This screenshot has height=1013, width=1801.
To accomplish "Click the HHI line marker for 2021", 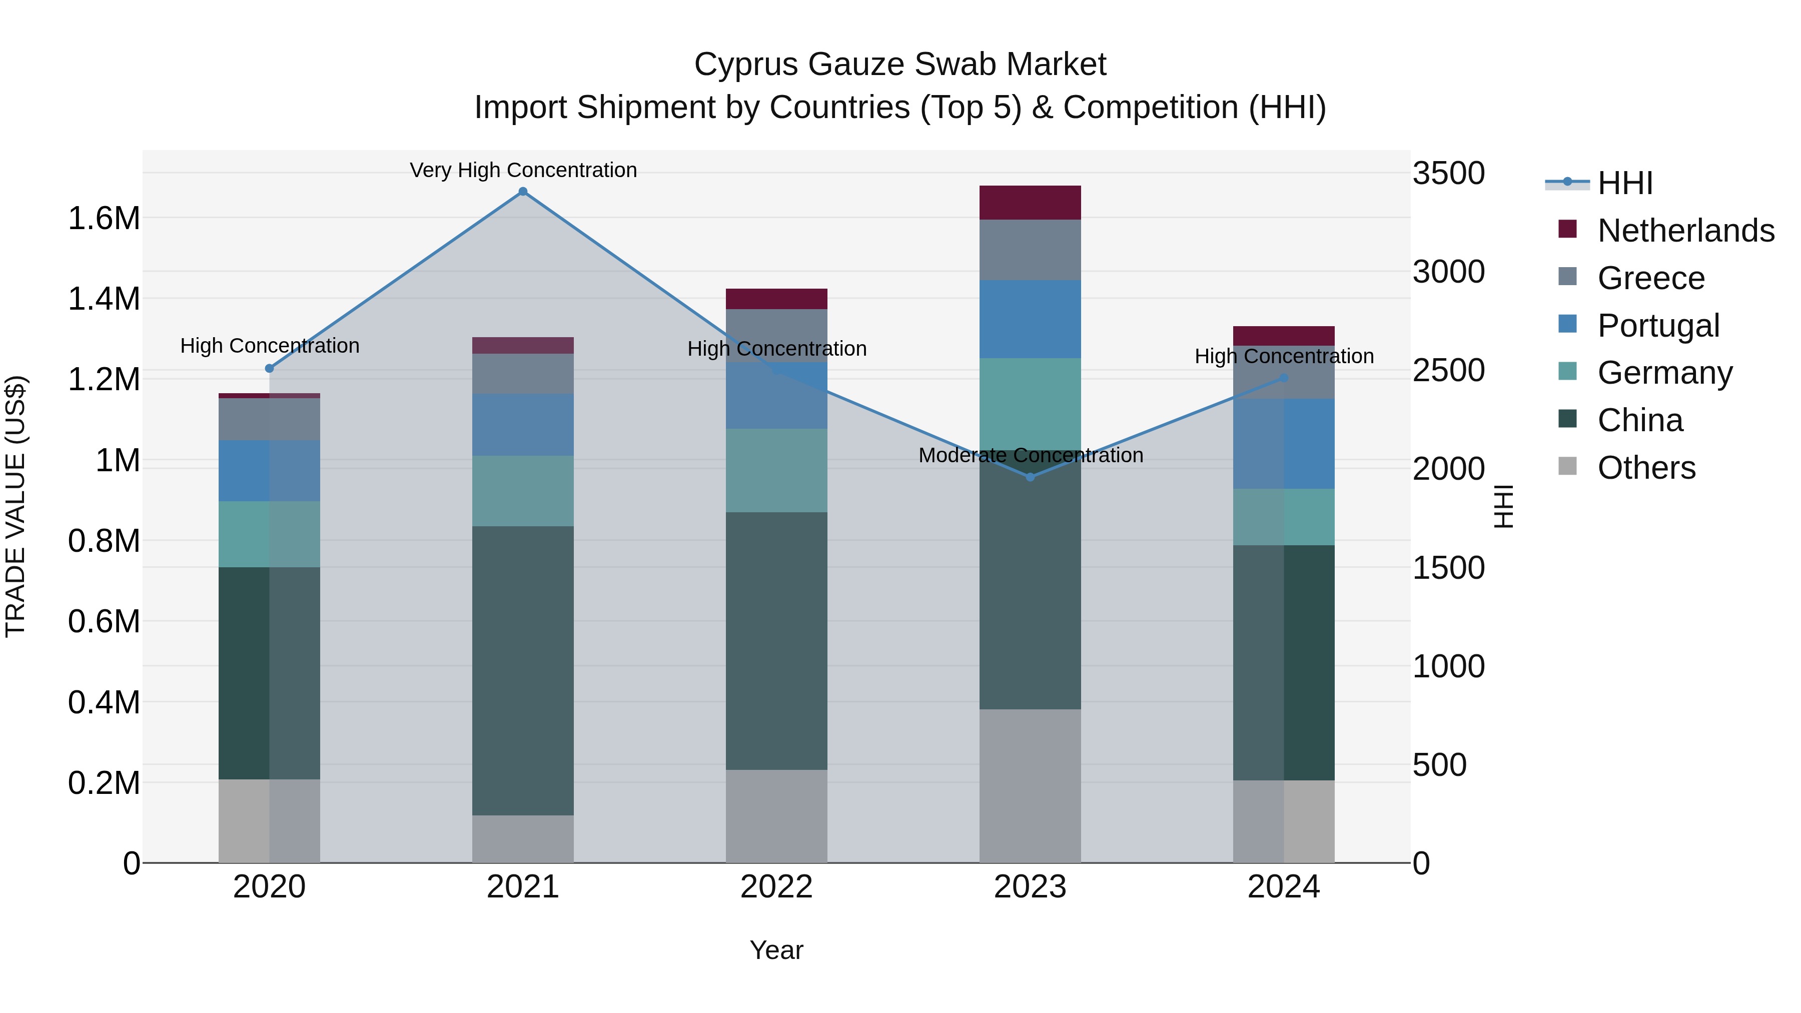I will pos(523,192).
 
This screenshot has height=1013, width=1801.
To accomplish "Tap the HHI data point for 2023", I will pos(1030,477).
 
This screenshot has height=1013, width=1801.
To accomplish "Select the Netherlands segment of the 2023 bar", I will pos(1030,203).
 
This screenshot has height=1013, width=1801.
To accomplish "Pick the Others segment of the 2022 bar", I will pos(776,816).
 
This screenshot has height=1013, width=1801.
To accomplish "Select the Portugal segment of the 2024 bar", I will pos(1284,443).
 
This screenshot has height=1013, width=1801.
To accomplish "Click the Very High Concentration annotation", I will pos(523,170).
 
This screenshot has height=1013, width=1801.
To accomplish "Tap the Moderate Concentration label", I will pos(1031,455).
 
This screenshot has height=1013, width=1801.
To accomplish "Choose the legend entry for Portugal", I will pos(1658,325).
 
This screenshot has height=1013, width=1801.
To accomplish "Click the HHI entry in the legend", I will pos(1625,183).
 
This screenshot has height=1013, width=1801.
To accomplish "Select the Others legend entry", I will pos(1646,468).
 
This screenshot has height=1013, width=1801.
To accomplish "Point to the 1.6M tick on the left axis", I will pos(104,219).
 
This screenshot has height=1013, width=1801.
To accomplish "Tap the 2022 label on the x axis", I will pos(776,887).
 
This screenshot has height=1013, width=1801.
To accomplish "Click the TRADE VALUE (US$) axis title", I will pos(16,506).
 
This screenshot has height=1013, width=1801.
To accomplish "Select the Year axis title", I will pos(776,950).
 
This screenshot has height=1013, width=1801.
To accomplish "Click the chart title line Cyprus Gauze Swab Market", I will pos(900,65).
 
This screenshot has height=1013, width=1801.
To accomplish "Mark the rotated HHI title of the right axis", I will pos(1504,506).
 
